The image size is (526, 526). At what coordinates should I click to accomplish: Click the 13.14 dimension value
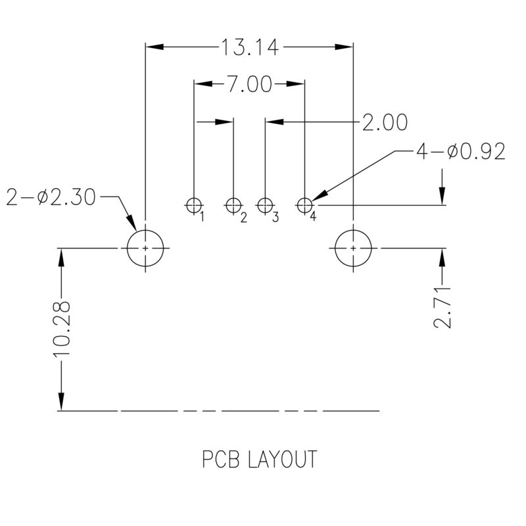click(249, 47)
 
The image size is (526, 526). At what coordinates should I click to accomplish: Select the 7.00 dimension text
click(249, 84)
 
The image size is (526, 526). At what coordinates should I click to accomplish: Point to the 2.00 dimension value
click(385, 123)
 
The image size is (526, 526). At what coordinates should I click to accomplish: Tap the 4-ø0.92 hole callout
click(460, 153)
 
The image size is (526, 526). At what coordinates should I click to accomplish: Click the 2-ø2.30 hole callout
click(51, 197)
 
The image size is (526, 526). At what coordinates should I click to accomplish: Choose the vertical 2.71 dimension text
click(444, 308)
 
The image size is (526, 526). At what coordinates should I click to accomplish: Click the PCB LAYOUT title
click(258, 460)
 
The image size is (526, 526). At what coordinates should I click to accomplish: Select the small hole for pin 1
click(194, 206)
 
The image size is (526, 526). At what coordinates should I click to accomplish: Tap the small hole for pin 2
click(233, 206)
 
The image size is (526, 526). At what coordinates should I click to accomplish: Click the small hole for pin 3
click(265, 206)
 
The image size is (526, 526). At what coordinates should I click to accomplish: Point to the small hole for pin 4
click(304, 206)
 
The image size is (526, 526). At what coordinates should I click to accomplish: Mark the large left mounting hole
click(145, 249)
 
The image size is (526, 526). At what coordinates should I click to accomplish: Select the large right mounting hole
click(354, 249)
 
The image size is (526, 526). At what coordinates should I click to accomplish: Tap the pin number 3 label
click(275, 217)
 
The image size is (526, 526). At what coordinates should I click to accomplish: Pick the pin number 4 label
click(314, 217)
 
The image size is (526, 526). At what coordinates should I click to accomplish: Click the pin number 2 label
click(243, 217)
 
